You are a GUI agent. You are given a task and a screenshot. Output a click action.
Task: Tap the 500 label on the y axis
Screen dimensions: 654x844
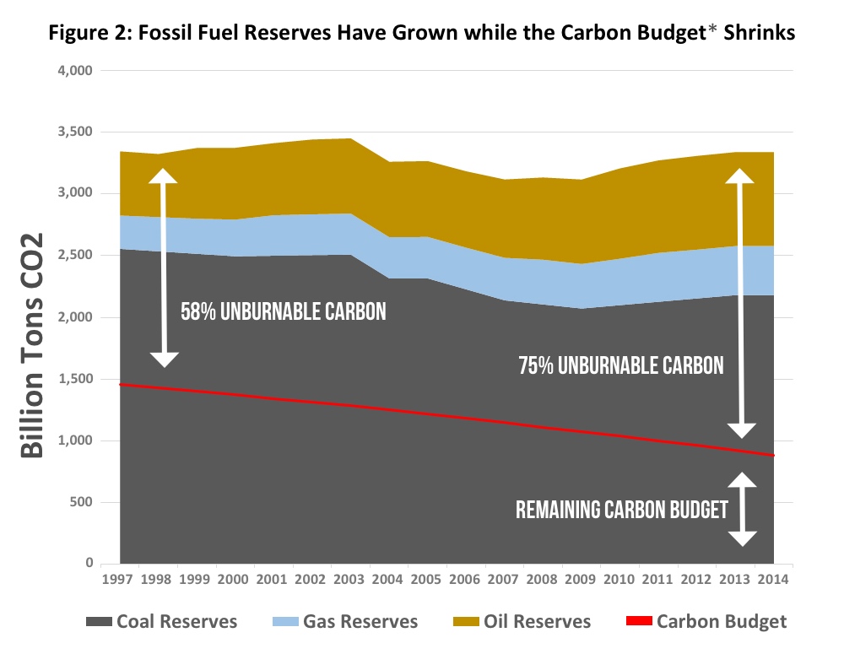83,503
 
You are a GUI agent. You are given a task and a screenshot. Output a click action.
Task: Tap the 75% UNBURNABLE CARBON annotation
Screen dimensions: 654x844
620,365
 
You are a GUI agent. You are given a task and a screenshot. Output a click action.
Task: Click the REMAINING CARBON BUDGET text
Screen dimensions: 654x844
621,510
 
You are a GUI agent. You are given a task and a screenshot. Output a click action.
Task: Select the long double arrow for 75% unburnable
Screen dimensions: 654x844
741,303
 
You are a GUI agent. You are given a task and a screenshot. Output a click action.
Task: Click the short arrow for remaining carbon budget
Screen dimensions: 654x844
741,509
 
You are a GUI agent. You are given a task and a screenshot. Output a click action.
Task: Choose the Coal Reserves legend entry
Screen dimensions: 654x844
162,622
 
